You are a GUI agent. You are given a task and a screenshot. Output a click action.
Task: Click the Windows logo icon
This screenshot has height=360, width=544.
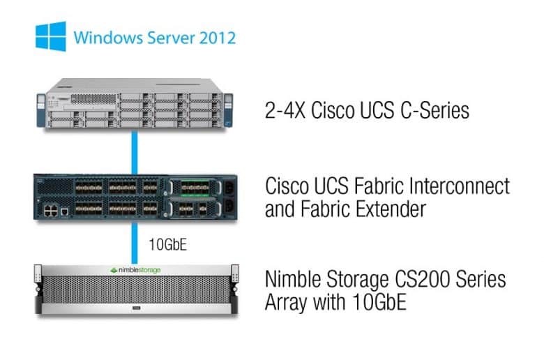click(x=51, y=36)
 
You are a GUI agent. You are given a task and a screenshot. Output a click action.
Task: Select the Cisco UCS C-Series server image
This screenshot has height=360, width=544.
click(x=135, y=103)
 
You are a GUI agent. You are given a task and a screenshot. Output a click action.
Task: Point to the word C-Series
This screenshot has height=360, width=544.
click(x=435, y=110)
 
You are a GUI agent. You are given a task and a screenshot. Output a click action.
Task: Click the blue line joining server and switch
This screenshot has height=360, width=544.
click(x=135, y=152)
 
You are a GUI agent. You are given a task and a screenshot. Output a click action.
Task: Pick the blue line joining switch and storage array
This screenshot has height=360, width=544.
click(x=135, y=243)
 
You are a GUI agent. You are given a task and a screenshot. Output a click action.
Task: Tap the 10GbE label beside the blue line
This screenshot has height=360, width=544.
click(x=168, y=244)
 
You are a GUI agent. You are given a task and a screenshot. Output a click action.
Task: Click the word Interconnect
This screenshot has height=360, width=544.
click(x=460, y=186)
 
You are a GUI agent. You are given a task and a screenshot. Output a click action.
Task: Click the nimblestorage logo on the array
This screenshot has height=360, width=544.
click(x=135, y=270)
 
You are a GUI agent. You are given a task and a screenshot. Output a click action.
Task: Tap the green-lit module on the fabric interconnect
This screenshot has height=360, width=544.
click(x=195, y=188)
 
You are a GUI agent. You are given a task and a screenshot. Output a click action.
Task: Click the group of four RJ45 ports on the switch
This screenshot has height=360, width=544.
click(x=51, y=211)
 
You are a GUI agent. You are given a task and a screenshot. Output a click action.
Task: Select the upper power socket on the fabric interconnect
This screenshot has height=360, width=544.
click(x=229, y=188)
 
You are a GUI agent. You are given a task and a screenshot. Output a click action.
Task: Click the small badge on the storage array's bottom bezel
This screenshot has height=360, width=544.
click(x=136, y=308)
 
